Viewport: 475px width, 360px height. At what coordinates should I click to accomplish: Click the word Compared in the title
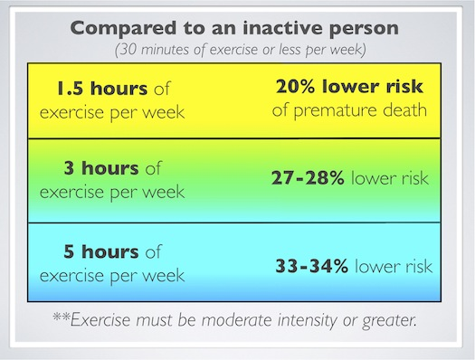[x=123, y=28]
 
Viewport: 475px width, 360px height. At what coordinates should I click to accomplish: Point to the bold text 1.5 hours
[x=102, y=89]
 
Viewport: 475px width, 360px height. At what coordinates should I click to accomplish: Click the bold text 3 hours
[x=101, y=168]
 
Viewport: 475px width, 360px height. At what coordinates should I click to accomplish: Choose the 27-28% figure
[x=308, y=177]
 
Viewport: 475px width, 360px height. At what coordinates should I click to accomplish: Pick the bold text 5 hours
[x=101, y=251]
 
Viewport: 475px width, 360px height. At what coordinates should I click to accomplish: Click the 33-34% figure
[x=312, y=266]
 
